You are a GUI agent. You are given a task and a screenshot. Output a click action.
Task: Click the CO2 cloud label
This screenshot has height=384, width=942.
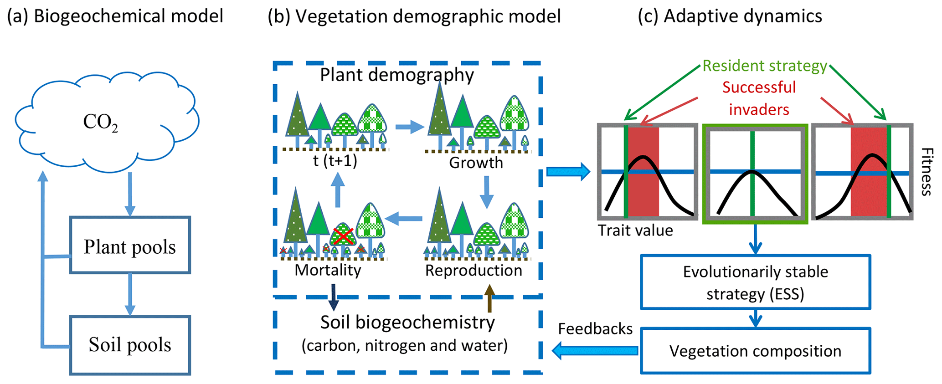click(100, 123)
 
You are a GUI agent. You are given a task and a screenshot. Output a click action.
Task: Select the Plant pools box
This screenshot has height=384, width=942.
click(130, 246)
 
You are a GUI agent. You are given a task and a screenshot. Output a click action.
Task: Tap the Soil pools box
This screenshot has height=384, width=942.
click(130, 345)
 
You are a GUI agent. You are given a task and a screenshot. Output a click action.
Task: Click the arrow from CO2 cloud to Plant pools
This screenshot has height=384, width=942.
click(130, 193)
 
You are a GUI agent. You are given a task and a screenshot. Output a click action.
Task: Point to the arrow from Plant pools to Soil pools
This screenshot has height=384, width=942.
click(130, 294)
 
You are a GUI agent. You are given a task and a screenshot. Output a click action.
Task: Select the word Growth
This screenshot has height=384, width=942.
click(476, 163)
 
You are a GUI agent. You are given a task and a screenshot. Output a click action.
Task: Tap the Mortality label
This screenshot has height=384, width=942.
click(328, 270)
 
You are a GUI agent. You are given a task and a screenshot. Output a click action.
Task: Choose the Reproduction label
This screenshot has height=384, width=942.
click(474, 271)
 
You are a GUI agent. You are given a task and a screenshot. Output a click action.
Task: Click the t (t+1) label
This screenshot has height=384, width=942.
click(335, 161)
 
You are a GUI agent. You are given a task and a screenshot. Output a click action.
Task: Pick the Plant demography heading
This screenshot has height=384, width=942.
click(396, 75)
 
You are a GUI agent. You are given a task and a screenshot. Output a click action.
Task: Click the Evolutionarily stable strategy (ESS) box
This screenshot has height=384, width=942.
click(755, 282)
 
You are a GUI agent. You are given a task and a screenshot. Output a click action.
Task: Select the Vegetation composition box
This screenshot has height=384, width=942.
click(755, 351)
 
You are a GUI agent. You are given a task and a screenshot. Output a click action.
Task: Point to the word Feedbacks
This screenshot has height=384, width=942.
click(595, 329)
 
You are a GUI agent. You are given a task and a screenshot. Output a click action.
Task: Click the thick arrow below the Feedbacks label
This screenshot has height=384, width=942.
click(595, 350)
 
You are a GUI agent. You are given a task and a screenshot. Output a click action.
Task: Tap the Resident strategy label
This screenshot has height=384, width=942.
click(764, 66)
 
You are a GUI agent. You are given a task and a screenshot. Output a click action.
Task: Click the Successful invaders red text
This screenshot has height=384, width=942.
click(759, 98)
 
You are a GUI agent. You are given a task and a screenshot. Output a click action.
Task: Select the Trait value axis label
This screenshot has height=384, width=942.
click(635, 230)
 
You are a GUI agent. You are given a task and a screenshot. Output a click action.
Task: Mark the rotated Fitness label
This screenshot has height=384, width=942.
click(927, 172)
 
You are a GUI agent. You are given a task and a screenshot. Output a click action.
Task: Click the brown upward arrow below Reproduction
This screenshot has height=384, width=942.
click(489, 298)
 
